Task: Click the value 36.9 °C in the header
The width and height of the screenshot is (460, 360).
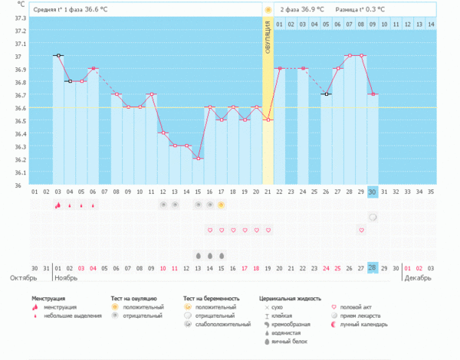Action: [x=310, y=9]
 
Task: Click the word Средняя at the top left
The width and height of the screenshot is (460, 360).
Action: [x=48, y=9]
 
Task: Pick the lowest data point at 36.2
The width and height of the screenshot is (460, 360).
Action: [x=198, y=159]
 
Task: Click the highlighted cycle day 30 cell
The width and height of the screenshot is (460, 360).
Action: [x=372, y=191]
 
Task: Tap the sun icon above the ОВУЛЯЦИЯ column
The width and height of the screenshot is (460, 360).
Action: [x=268, y=9]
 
